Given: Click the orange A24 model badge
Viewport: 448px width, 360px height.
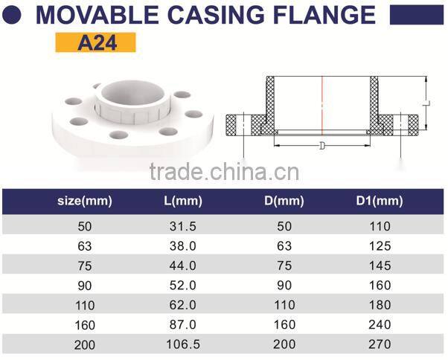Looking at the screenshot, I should click(96, 42).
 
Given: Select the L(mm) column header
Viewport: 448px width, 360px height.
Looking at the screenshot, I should click(182, 201).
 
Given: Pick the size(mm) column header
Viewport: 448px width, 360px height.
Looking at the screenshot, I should click(84, 201).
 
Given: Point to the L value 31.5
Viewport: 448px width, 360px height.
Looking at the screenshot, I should click(182, 225).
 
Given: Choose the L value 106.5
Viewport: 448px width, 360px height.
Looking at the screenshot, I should click(182, 345).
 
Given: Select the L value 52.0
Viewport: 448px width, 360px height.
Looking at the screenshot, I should click(182, 285).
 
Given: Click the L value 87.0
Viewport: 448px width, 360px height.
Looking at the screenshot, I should click(182, 325).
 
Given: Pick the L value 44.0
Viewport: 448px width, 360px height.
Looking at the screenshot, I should click(182, 265).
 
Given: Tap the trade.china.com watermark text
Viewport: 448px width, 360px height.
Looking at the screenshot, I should click(224, 172).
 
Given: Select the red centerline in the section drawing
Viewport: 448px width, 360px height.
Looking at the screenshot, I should click(322, 104).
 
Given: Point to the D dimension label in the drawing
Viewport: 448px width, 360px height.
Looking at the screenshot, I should click(321, 146).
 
